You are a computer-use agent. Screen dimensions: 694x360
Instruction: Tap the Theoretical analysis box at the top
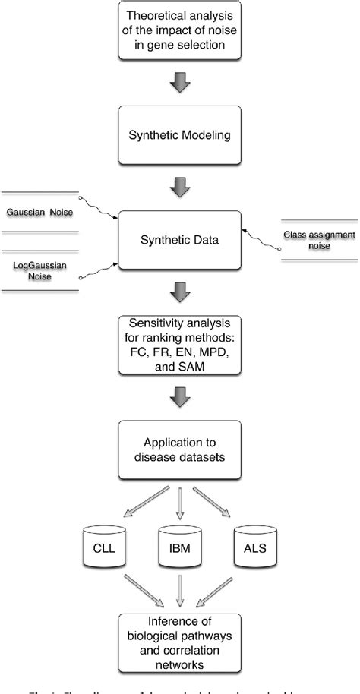click(x=179, y=30)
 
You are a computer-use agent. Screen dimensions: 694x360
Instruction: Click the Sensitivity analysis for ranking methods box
click(x=179, y=345)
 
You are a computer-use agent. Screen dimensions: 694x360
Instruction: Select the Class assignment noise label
click(x=319, y=241)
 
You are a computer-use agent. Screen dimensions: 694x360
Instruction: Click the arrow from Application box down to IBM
click(x=179, y=501)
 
